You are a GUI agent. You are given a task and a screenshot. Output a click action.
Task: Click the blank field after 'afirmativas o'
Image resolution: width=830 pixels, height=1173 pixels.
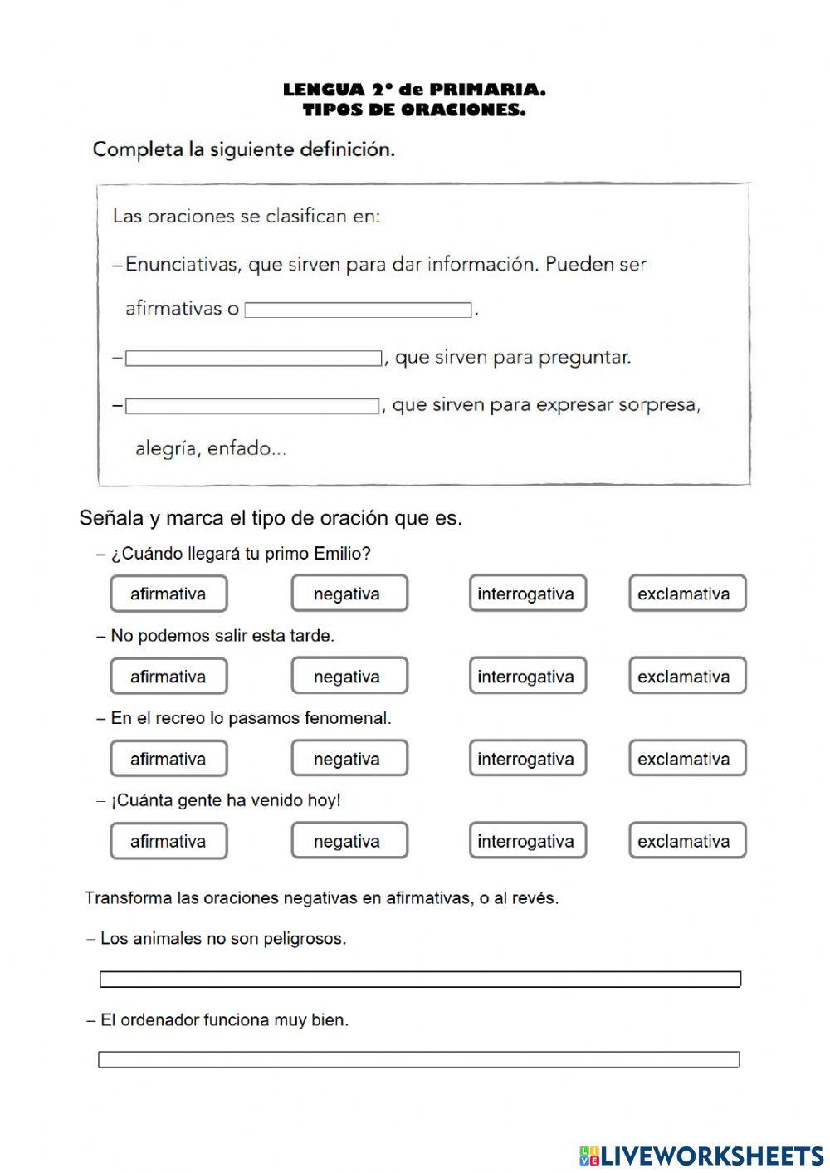coord(358,310)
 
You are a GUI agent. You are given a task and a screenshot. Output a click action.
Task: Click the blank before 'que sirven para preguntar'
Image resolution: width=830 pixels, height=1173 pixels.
coord(253,359)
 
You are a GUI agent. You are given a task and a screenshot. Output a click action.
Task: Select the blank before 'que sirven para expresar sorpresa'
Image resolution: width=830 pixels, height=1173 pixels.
coord(251,407)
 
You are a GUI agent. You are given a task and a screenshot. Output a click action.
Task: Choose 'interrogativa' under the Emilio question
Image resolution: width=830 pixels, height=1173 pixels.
coord(527,594)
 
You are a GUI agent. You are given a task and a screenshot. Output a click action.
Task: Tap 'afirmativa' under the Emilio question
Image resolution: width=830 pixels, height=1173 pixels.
coord(168,594)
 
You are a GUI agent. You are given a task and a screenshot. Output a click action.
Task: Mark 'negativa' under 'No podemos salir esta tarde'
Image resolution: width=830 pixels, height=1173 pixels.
coord(349,676)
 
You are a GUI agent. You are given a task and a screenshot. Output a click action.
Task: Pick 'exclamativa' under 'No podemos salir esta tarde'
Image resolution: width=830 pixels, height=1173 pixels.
coord(686,676)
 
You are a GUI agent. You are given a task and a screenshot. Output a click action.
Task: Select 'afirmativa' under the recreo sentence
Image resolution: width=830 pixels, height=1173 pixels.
coord(168,758)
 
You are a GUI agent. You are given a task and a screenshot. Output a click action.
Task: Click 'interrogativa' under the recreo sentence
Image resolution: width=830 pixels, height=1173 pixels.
coord(527,758)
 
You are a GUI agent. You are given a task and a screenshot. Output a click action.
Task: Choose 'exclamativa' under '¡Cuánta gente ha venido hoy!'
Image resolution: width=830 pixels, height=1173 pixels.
coord(686,840)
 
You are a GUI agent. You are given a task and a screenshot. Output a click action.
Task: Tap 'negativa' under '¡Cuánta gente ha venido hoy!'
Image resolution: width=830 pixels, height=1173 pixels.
coord(349,840)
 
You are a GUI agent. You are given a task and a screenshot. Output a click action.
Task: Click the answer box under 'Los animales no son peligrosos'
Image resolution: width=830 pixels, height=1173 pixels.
coord(420,980)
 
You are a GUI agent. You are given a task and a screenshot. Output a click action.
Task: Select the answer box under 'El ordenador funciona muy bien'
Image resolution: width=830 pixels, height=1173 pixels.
coord(418,1060)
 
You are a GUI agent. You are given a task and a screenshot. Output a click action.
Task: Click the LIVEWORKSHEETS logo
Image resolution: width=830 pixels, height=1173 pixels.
coord(701,1155)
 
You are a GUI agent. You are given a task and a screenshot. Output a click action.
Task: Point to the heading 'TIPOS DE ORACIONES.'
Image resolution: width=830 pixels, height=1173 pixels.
coord(414,110)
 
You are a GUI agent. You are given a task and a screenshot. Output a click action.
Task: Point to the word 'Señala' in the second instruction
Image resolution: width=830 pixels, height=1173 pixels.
coord(112,518)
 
